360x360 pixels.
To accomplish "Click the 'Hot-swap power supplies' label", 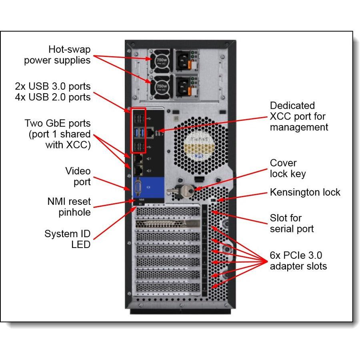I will coord(57,55).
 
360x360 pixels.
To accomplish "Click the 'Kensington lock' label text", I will coord(305,192).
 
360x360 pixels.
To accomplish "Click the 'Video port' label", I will coord(78,176).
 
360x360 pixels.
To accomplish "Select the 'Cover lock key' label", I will coord(288,168).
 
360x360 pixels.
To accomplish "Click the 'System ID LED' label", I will coord(67,239).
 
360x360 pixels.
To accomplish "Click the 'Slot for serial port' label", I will coord(292,223).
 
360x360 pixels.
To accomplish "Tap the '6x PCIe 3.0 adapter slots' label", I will coord(298,260).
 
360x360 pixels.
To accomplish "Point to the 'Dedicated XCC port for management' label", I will coord(299,116).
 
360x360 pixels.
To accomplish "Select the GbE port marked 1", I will coord(138,160).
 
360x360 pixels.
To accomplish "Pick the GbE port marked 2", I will coord(138,170).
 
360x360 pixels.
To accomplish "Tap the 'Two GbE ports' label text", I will coord(57,123).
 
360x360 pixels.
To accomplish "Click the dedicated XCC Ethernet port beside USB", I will coord(149,132).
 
